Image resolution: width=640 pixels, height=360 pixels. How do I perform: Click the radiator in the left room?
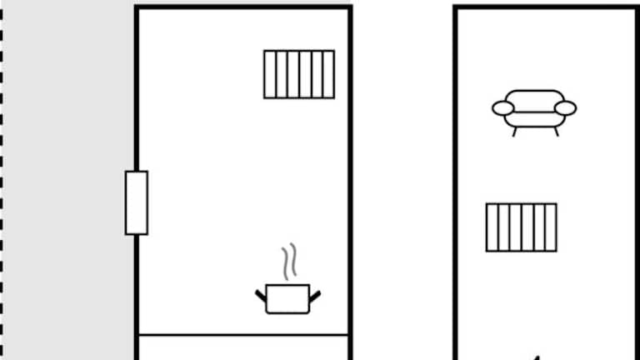299,74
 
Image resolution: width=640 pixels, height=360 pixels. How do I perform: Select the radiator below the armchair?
522,227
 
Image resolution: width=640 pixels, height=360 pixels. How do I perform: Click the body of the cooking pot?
287,299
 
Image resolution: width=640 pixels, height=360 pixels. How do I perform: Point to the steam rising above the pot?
289,262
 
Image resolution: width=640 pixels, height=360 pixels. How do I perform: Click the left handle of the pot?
261,294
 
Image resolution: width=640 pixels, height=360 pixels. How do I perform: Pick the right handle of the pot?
315,295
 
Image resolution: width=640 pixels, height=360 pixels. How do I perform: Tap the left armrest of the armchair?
502,108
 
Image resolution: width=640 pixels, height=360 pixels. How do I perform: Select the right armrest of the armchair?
566,108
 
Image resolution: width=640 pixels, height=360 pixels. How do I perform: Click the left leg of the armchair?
515,132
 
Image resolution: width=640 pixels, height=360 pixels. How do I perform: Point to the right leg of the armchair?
555,132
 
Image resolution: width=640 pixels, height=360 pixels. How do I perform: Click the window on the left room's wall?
137,202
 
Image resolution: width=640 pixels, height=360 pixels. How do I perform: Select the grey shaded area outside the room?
67,167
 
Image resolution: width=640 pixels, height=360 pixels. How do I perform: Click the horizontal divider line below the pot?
242,335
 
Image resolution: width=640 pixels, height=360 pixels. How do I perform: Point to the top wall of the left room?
242,7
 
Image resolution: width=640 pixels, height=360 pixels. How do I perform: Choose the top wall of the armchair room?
546,7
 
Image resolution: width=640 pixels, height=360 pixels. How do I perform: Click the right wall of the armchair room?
637,183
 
